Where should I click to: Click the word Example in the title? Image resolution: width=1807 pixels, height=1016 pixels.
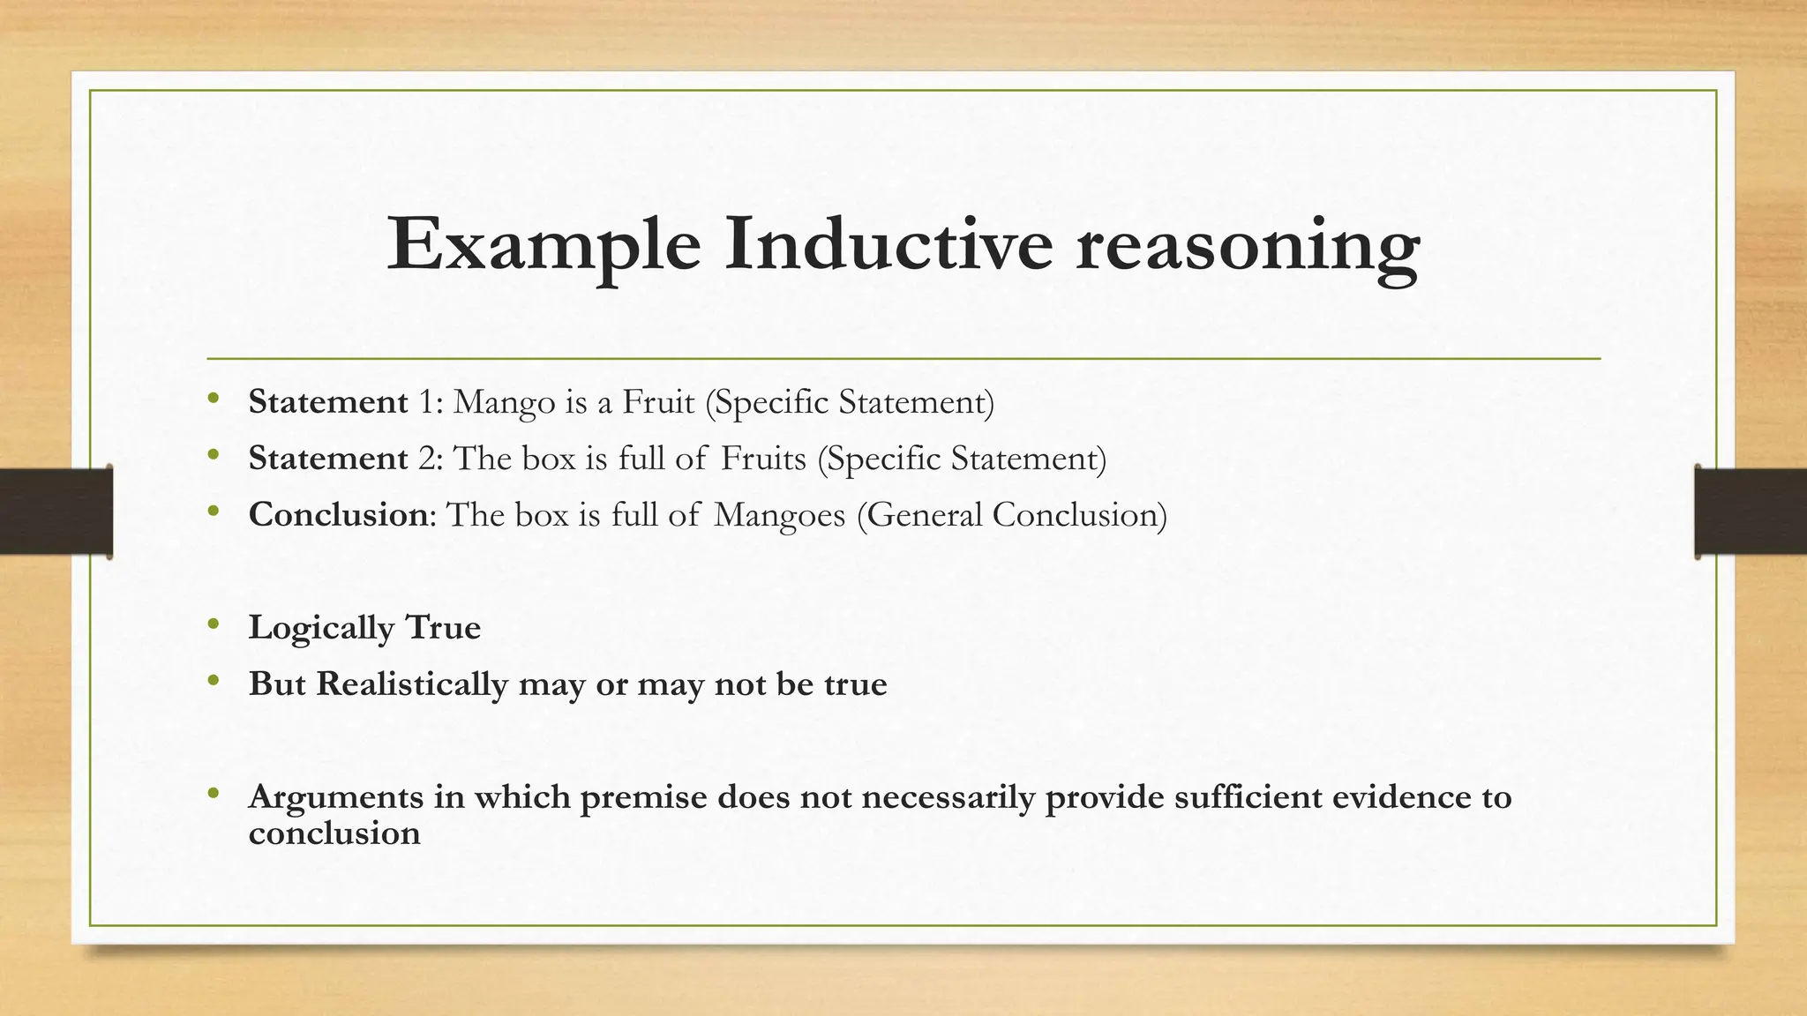pos(544,245)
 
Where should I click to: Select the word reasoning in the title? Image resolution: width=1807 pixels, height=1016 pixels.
pos(1248,247)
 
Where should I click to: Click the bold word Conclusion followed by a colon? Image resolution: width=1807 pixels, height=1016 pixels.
pos(338,515)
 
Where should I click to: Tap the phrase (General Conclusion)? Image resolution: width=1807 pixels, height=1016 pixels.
pos(1011,515)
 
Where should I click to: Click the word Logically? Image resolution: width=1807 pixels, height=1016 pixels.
pos(321,629)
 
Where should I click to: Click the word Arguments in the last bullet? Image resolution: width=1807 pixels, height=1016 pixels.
pos(335,798)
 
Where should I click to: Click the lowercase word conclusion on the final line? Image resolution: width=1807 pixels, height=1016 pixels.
pos(334,833)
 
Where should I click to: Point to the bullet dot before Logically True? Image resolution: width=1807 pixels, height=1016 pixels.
pos(213,625)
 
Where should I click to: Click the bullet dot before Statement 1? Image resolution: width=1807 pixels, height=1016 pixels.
pos(213,400)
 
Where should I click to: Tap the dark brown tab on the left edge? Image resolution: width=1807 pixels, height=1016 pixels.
pos(55,512)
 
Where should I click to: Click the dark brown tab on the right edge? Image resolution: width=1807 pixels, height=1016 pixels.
pos(1751,512)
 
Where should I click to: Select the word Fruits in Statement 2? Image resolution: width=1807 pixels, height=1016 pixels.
pos(763,459)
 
